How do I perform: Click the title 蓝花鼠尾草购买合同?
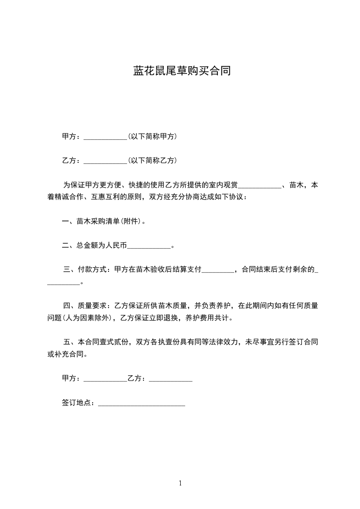coord(182,71)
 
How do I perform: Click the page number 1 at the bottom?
coord(180,484)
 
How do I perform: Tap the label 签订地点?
coord(78,402)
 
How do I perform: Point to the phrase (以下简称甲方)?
coord(153,137)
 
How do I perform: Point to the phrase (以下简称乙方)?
coord(153,161)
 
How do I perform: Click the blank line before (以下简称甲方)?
coord(106,138)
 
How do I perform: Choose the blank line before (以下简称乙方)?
coord(106,162)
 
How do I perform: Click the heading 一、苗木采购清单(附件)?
coord(104,221)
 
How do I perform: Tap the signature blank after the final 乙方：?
coord(171,380)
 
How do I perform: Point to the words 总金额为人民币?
coord(102,246)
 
